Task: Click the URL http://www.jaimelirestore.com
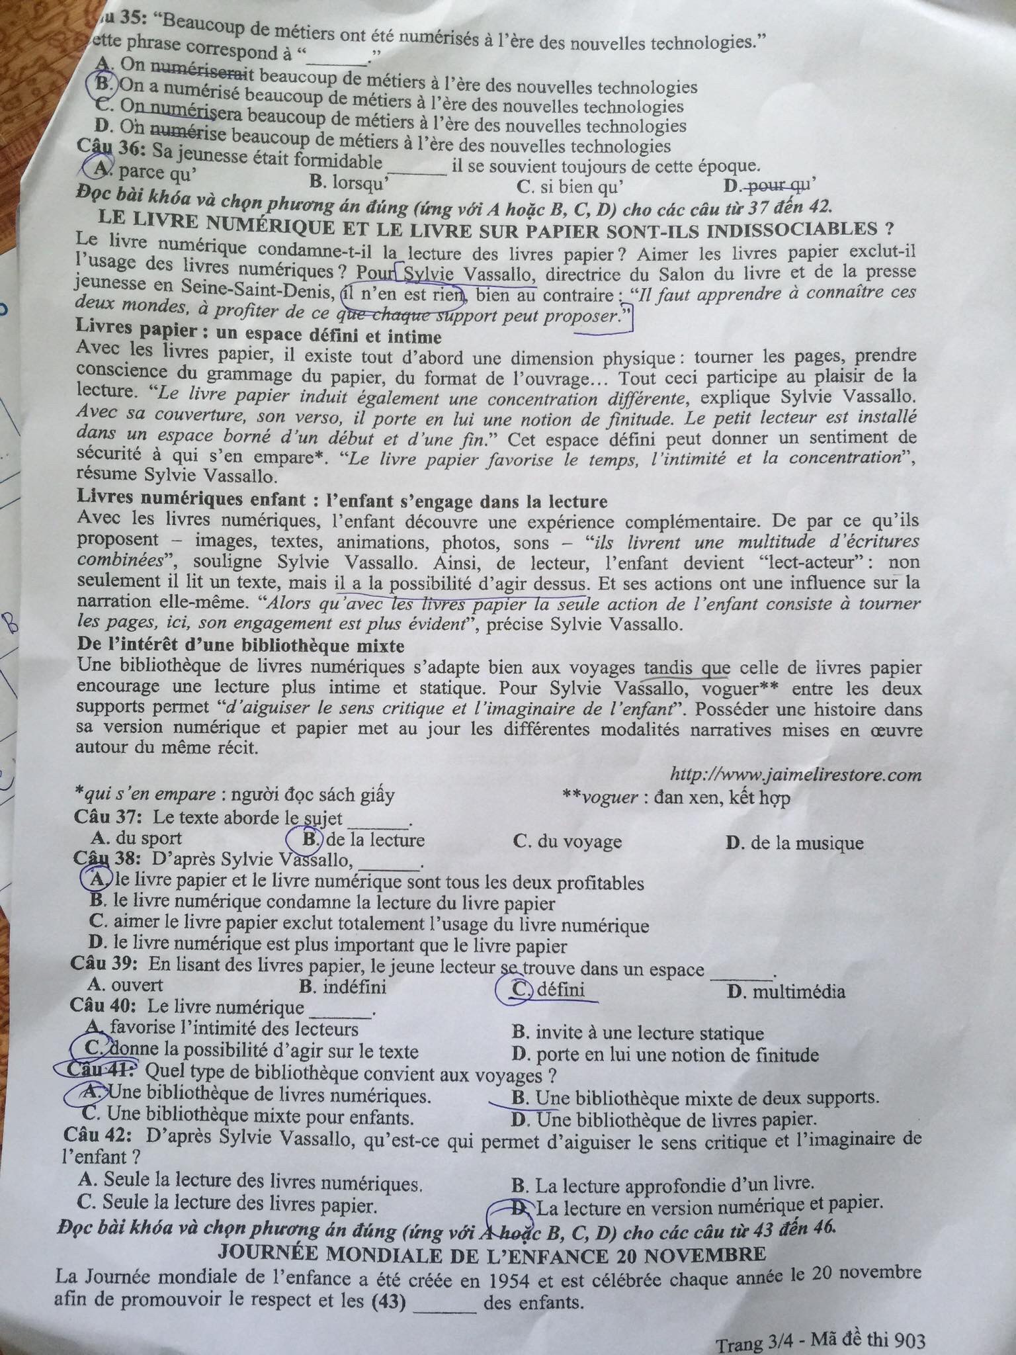click(796, 774)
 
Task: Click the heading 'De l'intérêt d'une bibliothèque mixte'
click(241, 645)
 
